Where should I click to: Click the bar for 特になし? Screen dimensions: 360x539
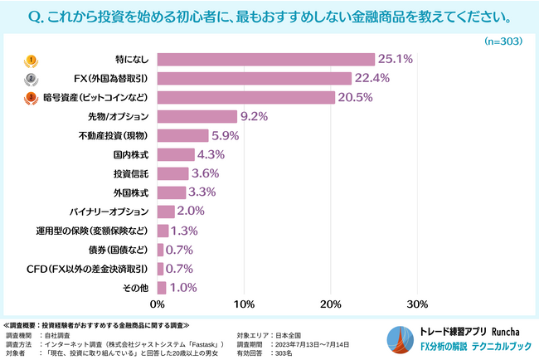(265, 60)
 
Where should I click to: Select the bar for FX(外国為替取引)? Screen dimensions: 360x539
(254, 79)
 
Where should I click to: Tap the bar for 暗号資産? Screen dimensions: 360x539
(245, 98)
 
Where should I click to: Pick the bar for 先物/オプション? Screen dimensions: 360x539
(197, 117)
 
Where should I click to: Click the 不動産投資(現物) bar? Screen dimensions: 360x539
(182, 136)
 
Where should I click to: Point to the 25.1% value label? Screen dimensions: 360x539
(396, 60)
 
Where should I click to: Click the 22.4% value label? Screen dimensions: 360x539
(373, 79)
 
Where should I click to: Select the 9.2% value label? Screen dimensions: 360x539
(254, 117)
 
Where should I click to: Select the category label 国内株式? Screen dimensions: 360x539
(131, 155)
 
